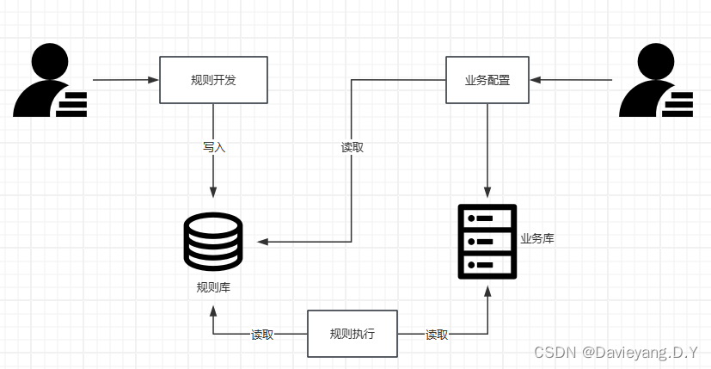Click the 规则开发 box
point(213,80)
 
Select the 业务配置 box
point(487,80)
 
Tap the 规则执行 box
point(352,334)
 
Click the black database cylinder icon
point(213,242)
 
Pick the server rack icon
point(487,242)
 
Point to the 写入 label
point(213,147)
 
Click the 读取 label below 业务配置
point(352,147)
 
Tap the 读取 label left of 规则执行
point(262,335)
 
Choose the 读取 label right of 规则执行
point(437,335)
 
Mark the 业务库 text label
point(536,238)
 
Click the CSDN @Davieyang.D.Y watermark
point(616,353)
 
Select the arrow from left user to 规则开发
point(126,80)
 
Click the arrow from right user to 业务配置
point(571,80)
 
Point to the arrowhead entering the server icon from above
point(487,194)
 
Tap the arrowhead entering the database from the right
point(262,242)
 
